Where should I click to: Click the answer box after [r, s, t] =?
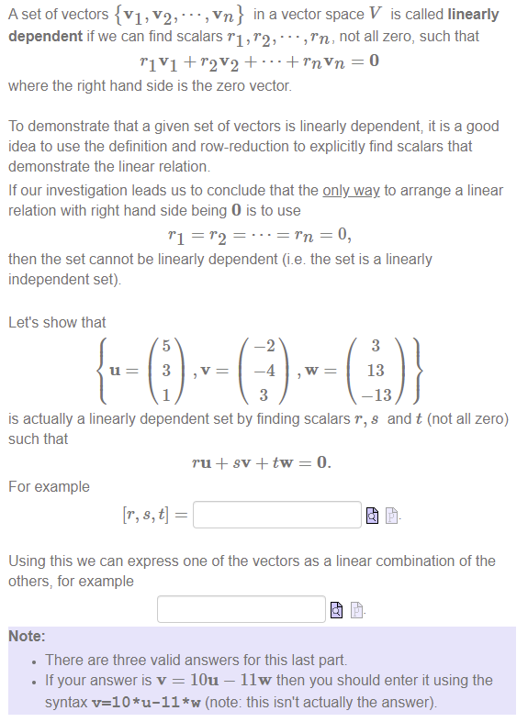tap(277, 515)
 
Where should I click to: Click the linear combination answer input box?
tap(241, 608)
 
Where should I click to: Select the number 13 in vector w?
tap(375, 371)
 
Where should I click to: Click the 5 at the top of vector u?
tap(165, 346)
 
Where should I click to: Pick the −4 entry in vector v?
tap(263, 371)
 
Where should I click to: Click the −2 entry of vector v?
tap(263, 346)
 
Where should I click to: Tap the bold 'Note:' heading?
tap(28, 636)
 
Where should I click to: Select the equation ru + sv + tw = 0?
tap(262, 462)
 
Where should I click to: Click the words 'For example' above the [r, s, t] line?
tap(49, 486)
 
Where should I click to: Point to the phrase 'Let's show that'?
tap(57, 322)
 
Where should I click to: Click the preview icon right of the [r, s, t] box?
tap(372, 516)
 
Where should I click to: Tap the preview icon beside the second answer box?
tap(336, 609)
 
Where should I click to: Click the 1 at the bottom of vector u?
tap(165, 395)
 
